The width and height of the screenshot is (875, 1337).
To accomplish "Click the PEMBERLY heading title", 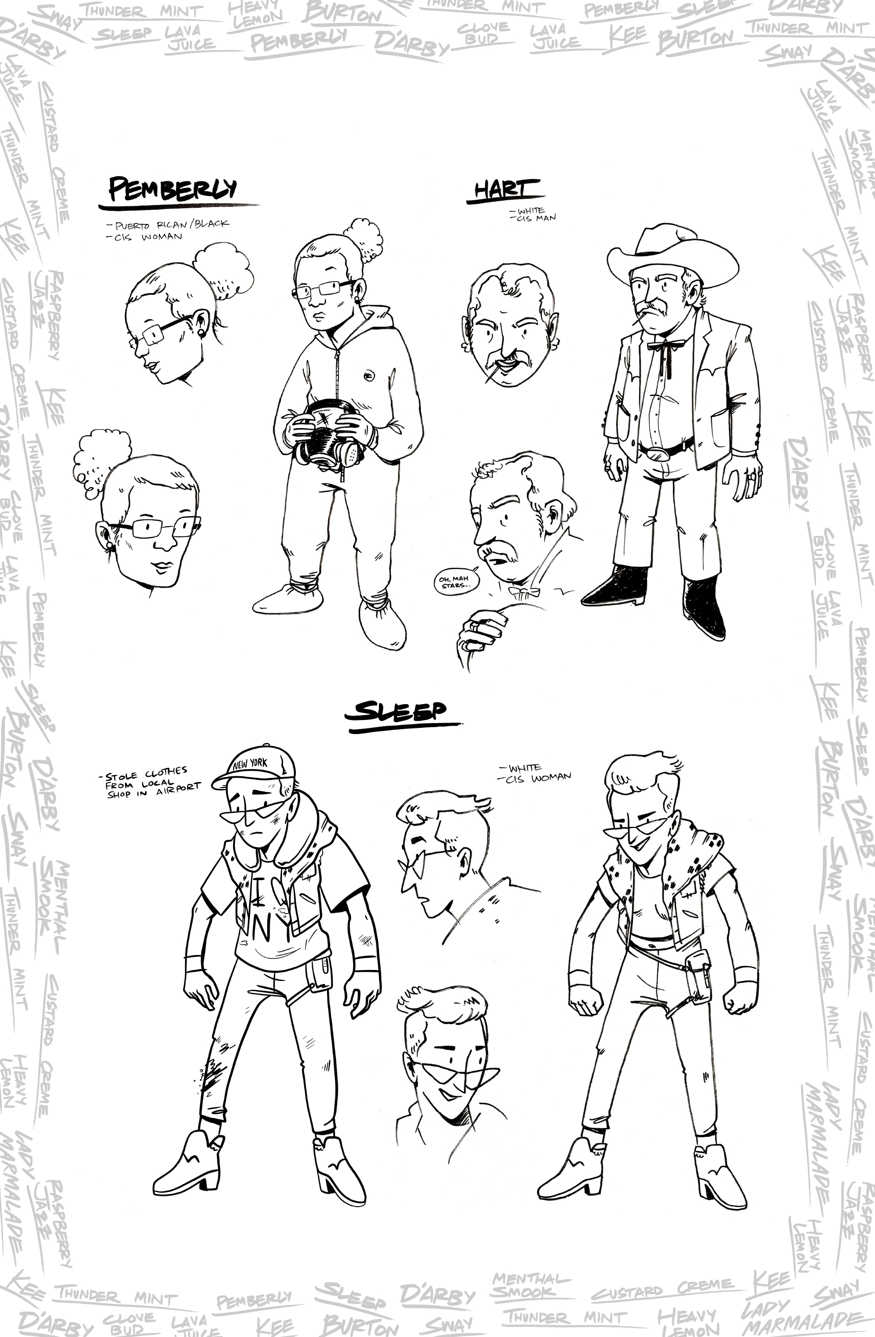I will tap(173, 189).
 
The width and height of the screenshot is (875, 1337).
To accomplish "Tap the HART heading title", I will tap(502, 190).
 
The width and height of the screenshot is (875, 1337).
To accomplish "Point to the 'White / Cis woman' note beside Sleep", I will tap(534, 772).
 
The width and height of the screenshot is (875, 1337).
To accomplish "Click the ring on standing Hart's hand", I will tap(751, 477).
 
